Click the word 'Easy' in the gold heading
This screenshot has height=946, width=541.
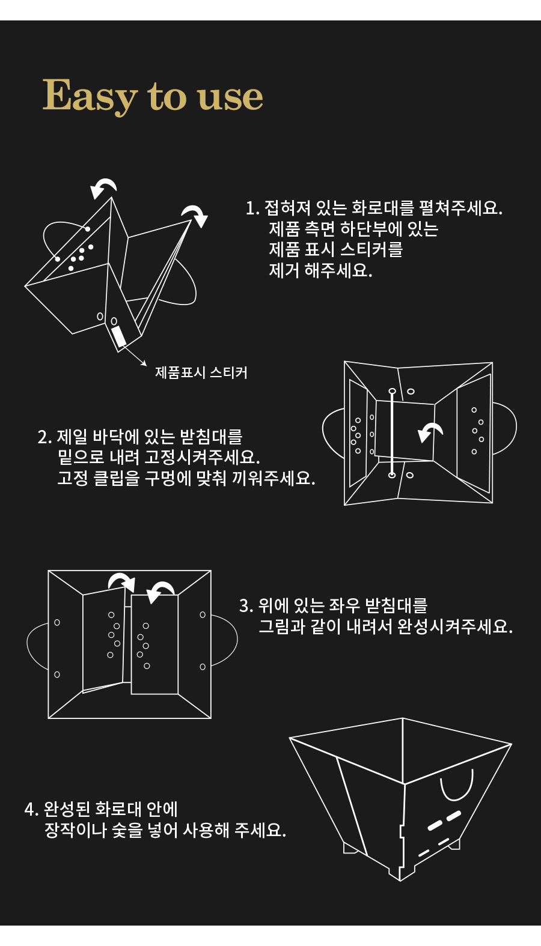click(x=90, y=96)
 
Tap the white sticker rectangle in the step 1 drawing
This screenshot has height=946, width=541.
click(x=119, y=336)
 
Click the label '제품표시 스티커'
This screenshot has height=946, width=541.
click(x=201, y=372)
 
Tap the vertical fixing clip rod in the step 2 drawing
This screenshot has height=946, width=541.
click(x=392, y=433)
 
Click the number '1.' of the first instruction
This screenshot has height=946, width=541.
click(x=252, y=208)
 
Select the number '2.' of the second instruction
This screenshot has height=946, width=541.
click(x=45, y=437)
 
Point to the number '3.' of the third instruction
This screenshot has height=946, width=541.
click(x=246, y=606)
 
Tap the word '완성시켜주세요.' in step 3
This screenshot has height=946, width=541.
click(x=455, y=626)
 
